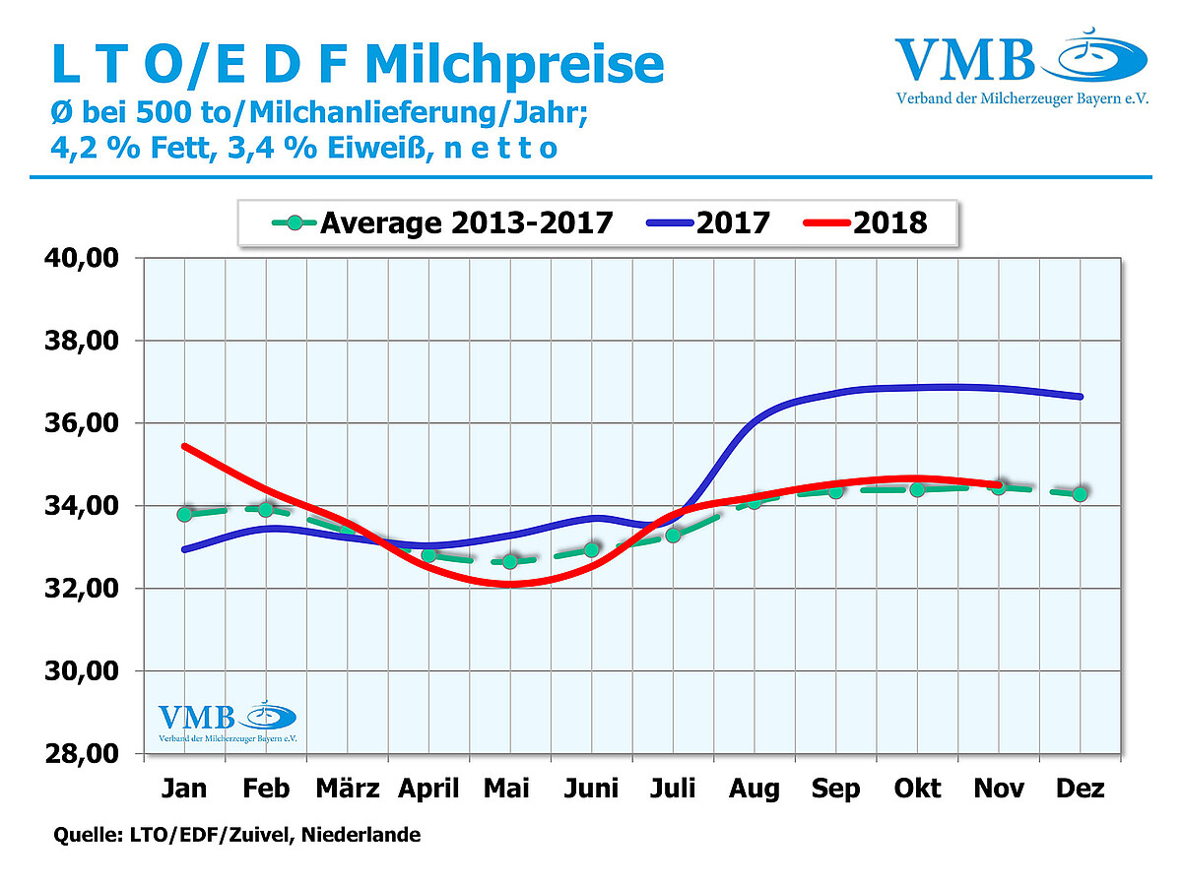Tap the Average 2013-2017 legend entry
tap(442, 222)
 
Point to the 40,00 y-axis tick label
tap(84, 258)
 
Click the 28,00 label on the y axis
tap(84, 754)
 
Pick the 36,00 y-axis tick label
tap(84, 423)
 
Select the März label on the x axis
tap(348, 789)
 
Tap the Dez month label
tap(1081, 789)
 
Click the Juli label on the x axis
tap(674, 789)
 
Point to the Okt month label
tap(917, 789)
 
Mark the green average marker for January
tap(184, 514)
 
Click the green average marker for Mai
tap(510, 561)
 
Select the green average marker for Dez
tap(1080, 494)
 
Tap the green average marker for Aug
tap(755, 501)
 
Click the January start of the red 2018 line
tap(184, 446)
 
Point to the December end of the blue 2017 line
tap(1080, 397)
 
